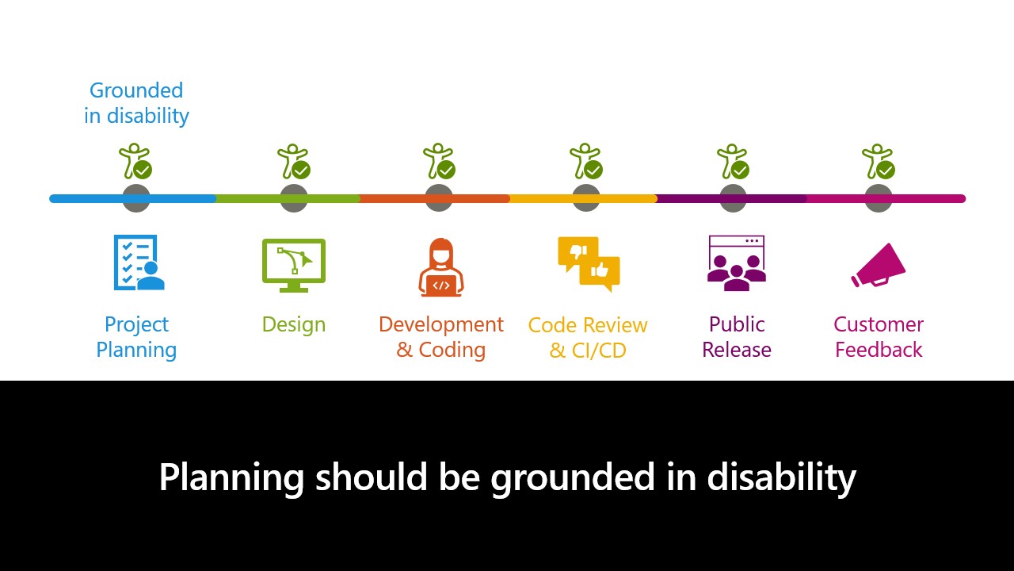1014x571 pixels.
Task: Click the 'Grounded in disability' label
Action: pos(136,103)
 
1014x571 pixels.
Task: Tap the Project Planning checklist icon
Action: pos(139,263)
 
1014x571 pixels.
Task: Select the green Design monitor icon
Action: pos(294,265)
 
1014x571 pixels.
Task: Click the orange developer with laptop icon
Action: pos(441,267)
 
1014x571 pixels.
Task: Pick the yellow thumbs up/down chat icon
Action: pos(589,264)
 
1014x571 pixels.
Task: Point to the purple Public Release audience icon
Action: pos(737,263)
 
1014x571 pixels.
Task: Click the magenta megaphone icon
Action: pos(879,266)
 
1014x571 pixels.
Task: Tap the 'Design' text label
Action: pos(294,324)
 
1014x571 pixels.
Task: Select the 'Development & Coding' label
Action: pos(441,337)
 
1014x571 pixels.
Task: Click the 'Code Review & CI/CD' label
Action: pos(588,338)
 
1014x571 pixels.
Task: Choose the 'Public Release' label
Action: pos(737,337)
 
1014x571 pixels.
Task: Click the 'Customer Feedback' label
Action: pos(879,337)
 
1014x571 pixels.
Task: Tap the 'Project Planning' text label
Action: pos(136,338)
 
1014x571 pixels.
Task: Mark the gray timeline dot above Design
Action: pos(294,198)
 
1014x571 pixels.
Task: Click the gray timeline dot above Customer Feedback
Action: pos(879,198)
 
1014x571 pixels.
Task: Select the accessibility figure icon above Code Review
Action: pos(586,161)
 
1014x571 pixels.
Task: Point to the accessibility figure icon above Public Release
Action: pos(733,161)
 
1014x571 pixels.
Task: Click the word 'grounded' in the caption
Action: pos(573,478)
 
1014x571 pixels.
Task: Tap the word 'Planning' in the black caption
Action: pos(231,478)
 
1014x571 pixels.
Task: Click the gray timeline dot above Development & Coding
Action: pos(439,198)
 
